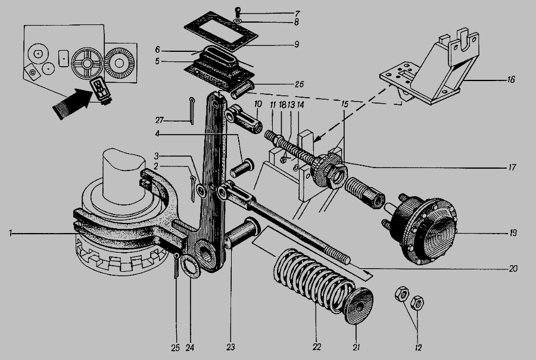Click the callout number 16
(x=511, y=80)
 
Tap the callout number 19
(x=513, y=233)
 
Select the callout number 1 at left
(x=11, y=234)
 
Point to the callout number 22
(x=317, y=347)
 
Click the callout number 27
(x=159, y=120)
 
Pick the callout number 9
(x=297, y=45)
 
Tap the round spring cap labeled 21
(x=359, y=306)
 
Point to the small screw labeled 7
(x=237, y=12)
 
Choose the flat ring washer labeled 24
(x=190, y=267)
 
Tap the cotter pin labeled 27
(x=191, y=110)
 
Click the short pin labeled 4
(x=242, y=167)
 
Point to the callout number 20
(x=513, y=269)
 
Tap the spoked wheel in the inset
(x=87, y=64)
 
